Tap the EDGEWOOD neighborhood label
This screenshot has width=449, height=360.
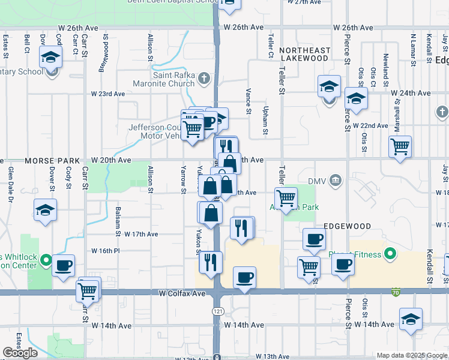347,226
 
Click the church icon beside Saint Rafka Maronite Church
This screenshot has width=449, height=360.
204,78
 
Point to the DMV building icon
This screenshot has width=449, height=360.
336,181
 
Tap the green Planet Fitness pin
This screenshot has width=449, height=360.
391,254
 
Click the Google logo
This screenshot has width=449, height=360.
20,353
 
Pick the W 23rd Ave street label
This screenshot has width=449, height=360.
108,94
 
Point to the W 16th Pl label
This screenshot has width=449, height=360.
106,250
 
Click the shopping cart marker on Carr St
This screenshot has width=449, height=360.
88,290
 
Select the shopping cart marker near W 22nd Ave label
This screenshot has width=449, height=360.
400,146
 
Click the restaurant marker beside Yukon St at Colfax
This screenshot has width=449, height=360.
211,262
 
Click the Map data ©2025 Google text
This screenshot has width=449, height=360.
412,355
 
